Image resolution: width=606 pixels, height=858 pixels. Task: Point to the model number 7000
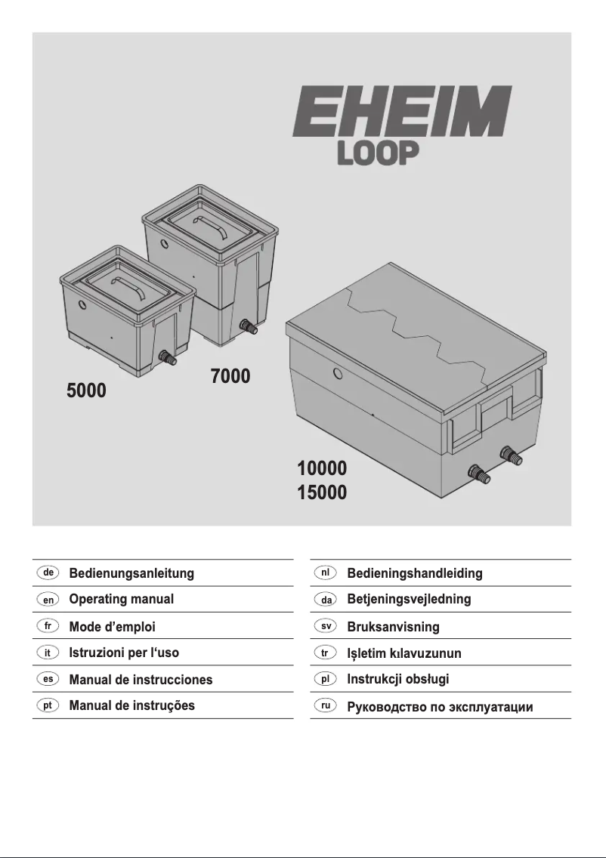[230, 375]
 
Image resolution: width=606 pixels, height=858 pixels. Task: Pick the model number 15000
[322, 493]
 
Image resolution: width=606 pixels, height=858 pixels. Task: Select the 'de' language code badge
[48, 573]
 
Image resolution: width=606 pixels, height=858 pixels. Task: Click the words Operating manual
[121, 599]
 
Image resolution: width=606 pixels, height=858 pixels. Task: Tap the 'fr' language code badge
[48, 626]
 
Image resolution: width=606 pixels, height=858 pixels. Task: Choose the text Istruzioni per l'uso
[124, 653]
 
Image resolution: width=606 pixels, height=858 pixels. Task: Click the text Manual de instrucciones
[141, 679]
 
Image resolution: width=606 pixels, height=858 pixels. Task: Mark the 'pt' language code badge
[48, 705]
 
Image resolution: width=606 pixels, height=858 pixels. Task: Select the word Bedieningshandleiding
[414, 573]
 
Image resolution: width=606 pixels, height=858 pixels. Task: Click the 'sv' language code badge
[326, 626]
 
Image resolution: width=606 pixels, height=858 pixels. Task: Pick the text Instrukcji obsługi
[397, 679]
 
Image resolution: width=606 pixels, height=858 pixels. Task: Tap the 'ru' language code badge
[326, 705]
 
